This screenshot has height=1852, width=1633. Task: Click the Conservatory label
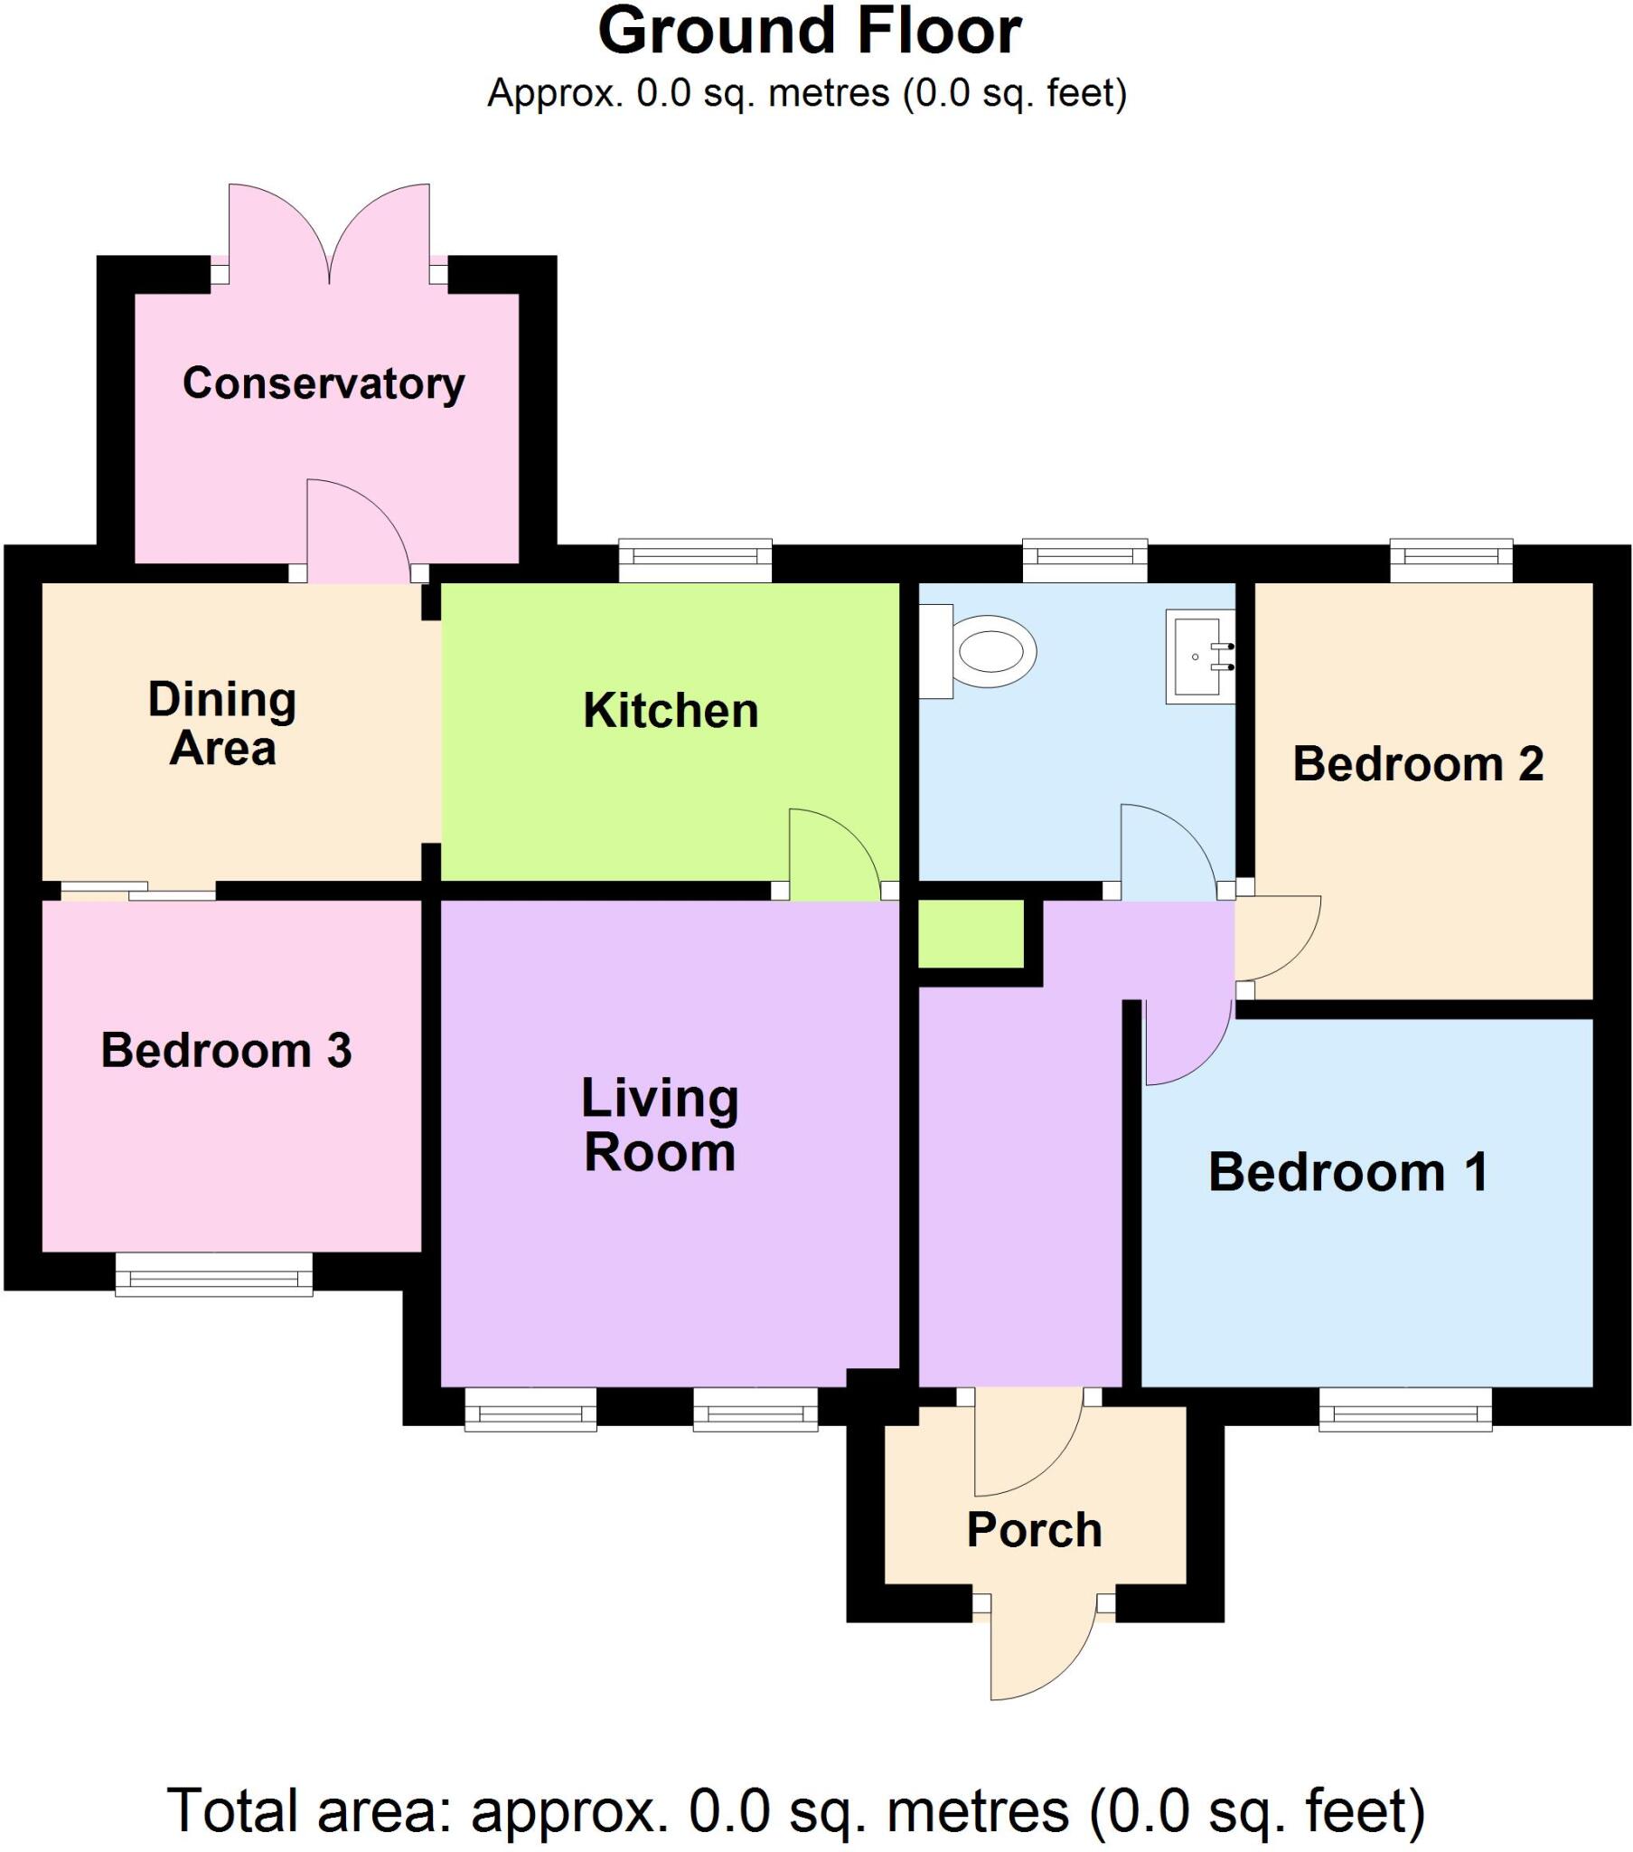tap(324, 383)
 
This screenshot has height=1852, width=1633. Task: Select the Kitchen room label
tap(671, 711)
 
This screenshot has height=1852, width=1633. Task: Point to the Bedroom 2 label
tap(1416, 764)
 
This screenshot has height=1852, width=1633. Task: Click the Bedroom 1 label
tap(1347, 1172)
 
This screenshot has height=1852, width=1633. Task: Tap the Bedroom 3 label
tap(226, 1050)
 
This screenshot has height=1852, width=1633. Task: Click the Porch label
tap(1034, 1529)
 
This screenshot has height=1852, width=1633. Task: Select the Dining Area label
tap(222, 724)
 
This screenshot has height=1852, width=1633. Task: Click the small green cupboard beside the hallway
tap(971, 934)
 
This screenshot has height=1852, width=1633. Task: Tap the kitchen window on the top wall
tap(695, 560)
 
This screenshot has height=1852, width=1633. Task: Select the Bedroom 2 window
tap(1451, 560)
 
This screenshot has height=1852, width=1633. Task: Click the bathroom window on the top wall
tap(1084, 560)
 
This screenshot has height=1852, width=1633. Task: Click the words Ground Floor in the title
tap(809, 32)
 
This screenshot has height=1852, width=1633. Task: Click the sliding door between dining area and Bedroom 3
tap(138, 891)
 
